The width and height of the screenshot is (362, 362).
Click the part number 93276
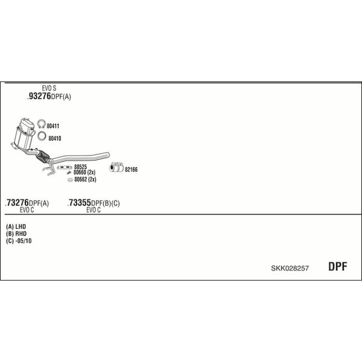point(39,96)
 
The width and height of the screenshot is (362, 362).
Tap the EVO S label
point(49,88)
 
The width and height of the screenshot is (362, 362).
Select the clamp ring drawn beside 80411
point(41,124)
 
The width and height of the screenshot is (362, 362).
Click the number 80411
point(53,126)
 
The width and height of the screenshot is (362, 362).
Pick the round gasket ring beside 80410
point(42,136)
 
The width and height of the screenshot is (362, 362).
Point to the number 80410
point(55,138)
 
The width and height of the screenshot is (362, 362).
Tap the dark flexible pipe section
point(43,156)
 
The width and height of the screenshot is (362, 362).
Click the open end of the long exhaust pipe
point(107,155)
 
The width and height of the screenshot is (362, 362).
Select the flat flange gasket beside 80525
point(64,167)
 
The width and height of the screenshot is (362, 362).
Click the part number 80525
point(80,167)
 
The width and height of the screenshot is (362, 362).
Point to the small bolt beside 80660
point(69,173)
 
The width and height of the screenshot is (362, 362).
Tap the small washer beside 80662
point(70,180)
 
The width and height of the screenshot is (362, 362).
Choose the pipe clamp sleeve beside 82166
point(116,167)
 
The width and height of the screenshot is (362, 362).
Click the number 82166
point(131,170)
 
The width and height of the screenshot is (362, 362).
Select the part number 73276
point(17,203)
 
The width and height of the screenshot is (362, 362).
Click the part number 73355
point(80,203)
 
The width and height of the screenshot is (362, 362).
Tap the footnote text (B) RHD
point(16,233)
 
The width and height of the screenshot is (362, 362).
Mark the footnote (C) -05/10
point(19,241)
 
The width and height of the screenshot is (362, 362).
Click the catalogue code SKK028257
point(290,268)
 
